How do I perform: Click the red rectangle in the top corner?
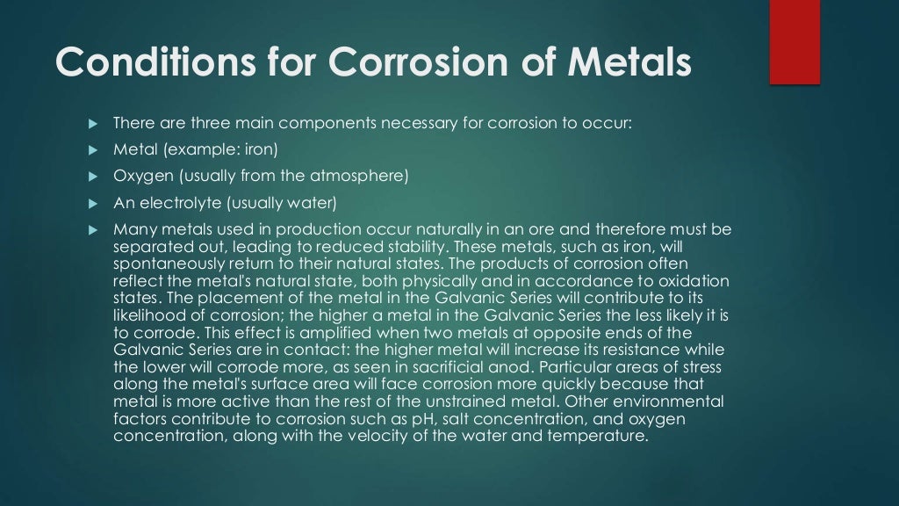(795, 42)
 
